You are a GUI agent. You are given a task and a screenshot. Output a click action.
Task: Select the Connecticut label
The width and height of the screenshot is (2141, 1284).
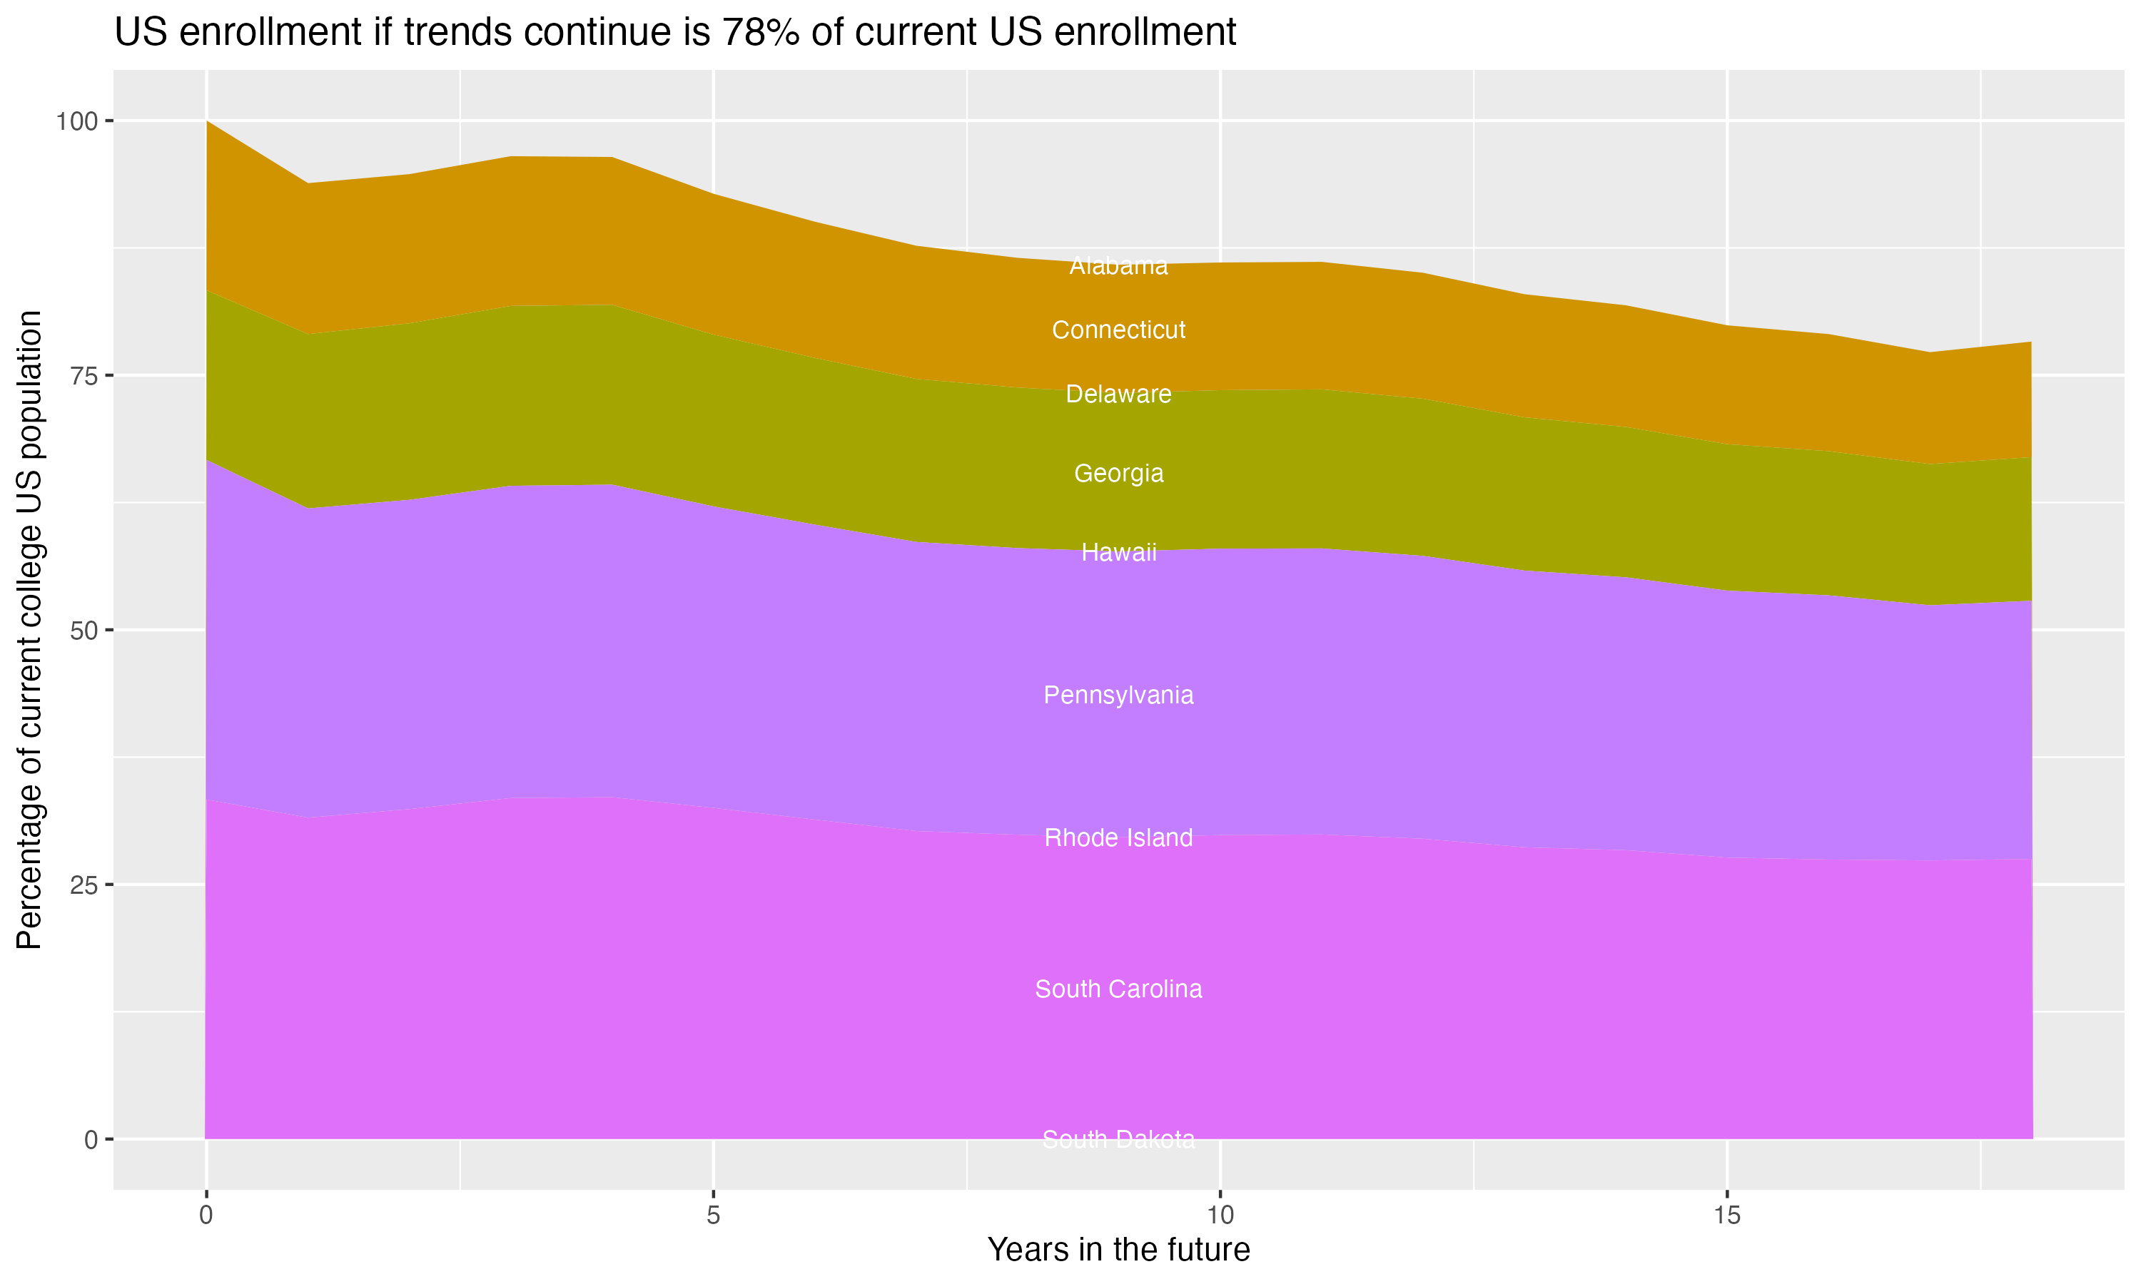point(1118,330)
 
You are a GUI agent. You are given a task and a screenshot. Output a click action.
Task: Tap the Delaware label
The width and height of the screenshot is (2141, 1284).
point(1118,394)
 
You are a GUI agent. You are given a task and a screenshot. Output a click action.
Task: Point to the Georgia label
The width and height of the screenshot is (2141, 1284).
point(1118,473)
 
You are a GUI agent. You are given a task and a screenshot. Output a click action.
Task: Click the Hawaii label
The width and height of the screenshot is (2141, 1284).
point(1118,552)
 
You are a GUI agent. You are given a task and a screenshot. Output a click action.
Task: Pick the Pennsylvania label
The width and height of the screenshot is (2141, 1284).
point(1118,695)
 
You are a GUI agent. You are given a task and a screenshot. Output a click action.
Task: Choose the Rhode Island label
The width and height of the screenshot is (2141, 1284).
point(1118,837)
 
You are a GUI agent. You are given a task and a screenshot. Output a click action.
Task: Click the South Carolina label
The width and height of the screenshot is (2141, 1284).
point(1118,989)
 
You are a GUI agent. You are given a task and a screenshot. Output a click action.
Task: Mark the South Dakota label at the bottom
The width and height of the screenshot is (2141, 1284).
point(1118,1139)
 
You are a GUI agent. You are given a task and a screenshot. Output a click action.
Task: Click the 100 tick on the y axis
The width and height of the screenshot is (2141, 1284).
point(76,121)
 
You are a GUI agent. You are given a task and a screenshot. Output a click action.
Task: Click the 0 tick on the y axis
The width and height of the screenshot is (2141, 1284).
point(90,1139)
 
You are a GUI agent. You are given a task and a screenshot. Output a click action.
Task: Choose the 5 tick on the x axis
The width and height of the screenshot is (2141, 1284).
point(713,1216)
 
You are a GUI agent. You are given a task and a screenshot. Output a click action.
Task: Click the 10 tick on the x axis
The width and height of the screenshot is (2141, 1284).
point(1220,1216)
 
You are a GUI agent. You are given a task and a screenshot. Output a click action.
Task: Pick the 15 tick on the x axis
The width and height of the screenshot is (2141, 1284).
point(1727,1216)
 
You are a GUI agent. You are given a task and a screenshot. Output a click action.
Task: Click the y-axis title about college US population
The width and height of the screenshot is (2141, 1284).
point(29,630)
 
